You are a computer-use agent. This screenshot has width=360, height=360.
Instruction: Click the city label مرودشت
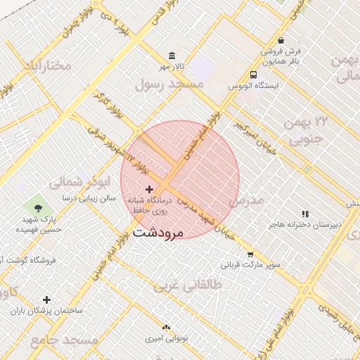tap(157, 231)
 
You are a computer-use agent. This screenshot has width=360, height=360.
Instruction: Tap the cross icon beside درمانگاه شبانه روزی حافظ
tap(149, 190)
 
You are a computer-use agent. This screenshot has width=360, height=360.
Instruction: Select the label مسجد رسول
tap(169, 84)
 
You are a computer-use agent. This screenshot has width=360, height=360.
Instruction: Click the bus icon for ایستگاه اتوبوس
tap(253, 75)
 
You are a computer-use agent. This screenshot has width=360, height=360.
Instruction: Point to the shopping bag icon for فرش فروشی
tap(281, 41)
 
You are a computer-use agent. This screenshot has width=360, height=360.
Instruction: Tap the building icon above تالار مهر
tap(172, 56)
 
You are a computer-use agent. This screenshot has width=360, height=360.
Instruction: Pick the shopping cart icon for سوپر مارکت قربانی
tap(250, 255)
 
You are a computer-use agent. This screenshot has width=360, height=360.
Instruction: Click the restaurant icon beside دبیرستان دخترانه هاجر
tap(305, 213)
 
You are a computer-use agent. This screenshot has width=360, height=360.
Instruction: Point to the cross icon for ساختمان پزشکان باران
tap(47, 300)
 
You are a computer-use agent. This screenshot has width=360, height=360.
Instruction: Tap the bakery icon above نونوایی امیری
tap(166, 328)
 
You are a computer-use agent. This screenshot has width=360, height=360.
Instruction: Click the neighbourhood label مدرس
tap(246, 201)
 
